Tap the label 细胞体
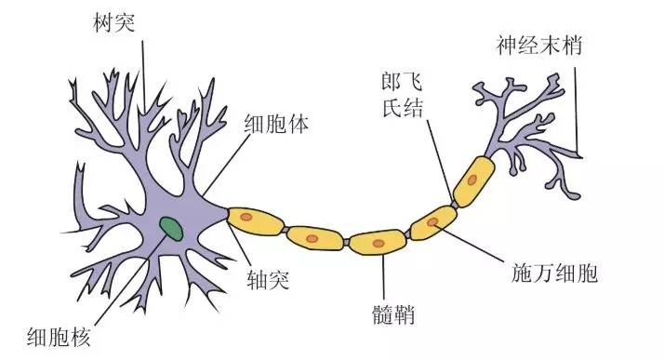276,124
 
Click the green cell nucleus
170,226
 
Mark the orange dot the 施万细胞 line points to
432,223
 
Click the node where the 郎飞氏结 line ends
454,199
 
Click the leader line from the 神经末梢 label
577,102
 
